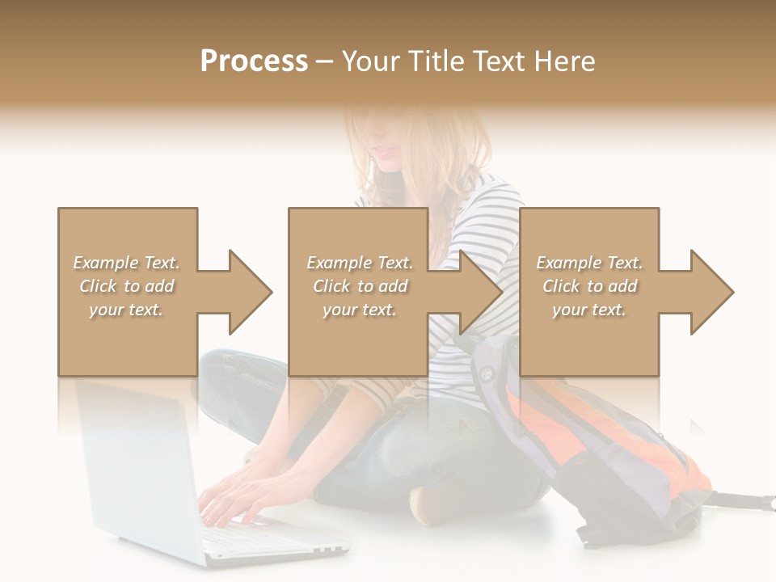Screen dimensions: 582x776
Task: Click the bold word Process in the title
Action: pos(254,61)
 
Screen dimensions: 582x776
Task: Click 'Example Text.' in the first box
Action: pos(126,263)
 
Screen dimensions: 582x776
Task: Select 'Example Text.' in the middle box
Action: pos(360,263)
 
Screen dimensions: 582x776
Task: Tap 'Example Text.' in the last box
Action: pos(589,263)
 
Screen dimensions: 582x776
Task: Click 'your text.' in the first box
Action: pos(126,310)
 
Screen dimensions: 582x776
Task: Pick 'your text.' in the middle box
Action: pos(360,310)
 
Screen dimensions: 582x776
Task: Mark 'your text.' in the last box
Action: pos(589,310)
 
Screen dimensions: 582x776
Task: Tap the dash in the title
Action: pos(325,61)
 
